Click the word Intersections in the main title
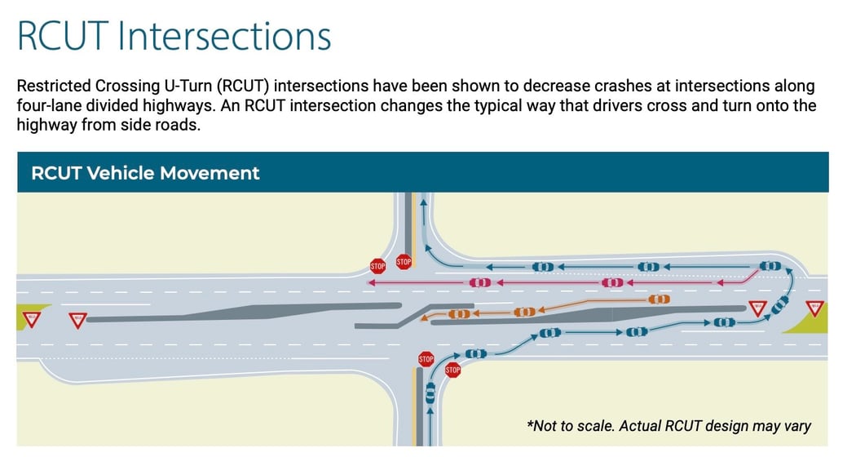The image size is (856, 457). pos(224,36)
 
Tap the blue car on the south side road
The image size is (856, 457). pos(430,393)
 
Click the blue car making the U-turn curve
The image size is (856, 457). pos(780,305)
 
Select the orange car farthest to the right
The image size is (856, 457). pos(659,299)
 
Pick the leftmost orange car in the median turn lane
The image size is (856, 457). pos(459,313)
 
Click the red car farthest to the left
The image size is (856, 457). pos(480,282)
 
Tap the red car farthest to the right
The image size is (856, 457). pos(612,282)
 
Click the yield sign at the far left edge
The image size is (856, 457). pos(32,319)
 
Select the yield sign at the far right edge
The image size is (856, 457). pos(814,308)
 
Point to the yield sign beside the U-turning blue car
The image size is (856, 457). pos(757,308)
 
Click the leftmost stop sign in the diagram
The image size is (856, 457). pos(377,267)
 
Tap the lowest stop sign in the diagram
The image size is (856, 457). pos(452,370)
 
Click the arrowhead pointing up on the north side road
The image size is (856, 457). pos(423,203)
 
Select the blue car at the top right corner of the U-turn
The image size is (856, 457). pos(770,266)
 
